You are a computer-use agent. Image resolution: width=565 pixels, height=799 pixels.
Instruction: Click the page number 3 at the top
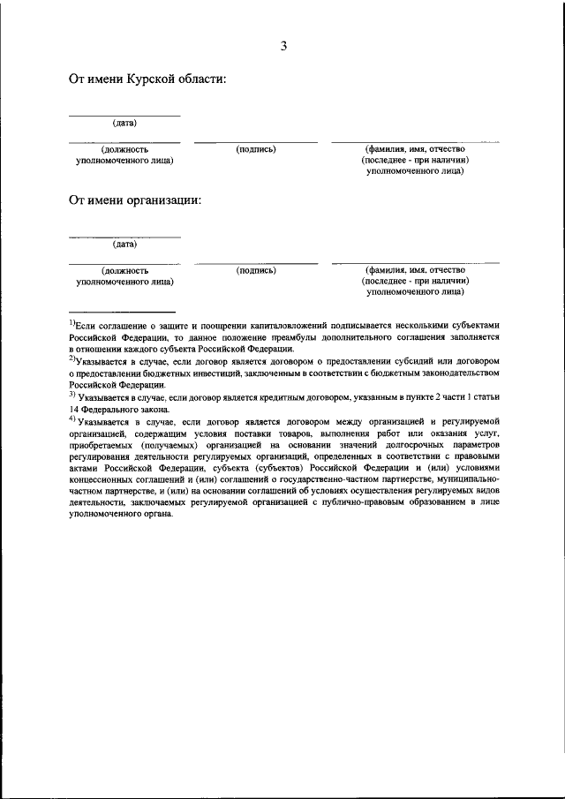click(x=283, y=46)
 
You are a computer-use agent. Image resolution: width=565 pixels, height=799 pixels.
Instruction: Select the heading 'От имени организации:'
click(x=135, y=200)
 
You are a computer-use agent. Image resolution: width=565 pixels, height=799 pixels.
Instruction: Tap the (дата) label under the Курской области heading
click(x=124, y=123)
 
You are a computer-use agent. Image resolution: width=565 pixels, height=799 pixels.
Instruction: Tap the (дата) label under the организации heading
click(x=124, y=244)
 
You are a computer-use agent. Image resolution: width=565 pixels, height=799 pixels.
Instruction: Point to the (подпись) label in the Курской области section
click(x=256, y=149)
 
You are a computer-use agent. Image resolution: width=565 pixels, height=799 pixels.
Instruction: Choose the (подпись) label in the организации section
click(x=256, y=270)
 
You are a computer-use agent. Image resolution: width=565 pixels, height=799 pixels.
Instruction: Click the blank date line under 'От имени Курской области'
click(x=124, y=115)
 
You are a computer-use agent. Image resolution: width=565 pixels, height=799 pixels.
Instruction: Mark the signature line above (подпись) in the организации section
click(x=256, y=263)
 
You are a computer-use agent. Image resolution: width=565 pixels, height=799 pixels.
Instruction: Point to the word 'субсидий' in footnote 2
click(x=385, y=361)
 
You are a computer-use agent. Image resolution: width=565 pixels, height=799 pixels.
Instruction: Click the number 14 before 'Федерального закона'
click(x=74, y=410)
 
